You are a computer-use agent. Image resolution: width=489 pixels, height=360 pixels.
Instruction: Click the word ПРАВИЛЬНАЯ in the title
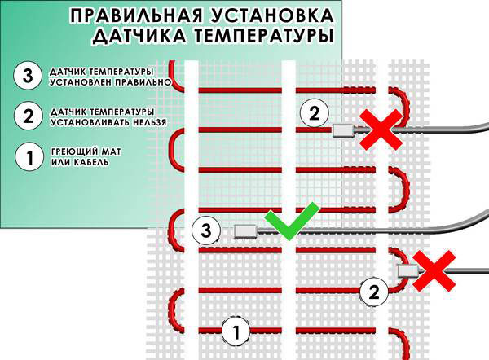pyautogui.click(x=134, y=15)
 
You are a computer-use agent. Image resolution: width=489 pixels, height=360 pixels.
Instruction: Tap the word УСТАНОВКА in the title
pyautogui.click(x=271, y=15)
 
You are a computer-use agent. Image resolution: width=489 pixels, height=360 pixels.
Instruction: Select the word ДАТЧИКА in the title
pyautogui.click(x=140, y=35)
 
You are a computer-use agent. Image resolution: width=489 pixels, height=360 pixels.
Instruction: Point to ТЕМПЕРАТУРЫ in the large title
pyautogui.click(x=262, y=35)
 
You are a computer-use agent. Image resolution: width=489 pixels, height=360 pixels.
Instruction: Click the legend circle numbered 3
pyautogui.click(x=28, y=76)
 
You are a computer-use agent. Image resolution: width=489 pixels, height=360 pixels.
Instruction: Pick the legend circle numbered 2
pyautogui.click(x=28, y=116)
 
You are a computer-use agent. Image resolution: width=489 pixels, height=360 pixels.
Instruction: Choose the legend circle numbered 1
pyautogui.click(x=29, y=156)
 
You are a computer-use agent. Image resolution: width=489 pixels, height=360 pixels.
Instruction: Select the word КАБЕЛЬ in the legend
pyautogui.click(x=92, y=162)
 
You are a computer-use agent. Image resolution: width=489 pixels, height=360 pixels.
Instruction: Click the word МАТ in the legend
pyautogui.click(x=110, y=152)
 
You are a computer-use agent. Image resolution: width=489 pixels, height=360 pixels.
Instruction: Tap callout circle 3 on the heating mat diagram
pyautogui.click(x=206, y=231)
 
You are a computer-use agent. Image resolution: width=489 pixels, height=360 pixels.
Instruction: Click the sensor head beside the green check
pyautogui.click(x=246, y=232)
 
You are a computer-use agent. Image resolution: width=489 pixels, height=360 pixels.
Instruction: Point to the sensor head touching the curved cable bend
pyautogui.click(x=408, y=271)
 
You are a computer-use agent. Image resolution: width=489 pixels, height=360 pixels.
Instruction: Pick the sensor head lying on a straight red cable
pyautogui.click(x=343, y=130)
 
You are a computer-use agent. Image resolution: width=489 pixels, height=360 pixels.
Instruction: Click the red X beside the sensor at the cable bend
pyautogui.click(x=434, y=271)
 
